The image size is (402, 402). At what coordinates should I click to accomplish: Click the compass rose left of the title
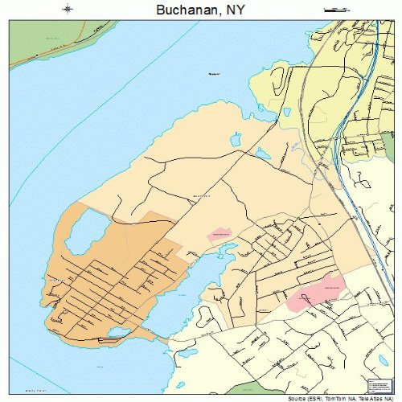click(68, 9)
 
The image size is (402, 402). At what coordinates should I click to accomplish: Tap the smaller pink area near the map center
click(219, 234)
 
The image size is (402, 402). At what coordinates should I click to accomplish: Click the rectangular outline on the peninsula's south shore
click(109, 341)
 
